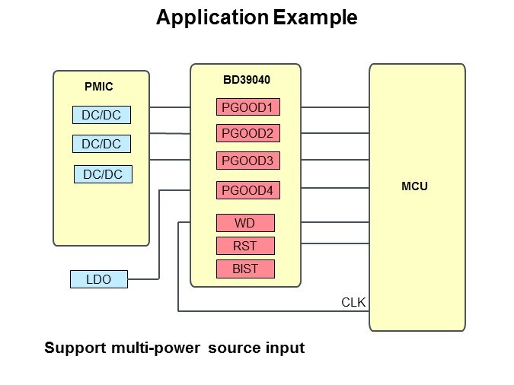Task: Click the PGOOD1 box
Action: tap(247, 108)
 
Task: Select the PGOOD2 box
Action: tap(247, 134)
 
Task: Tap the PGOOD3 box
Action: tap(247, 161)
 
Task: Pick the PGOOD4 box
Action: tap(247, 190)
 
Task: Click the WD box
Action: tap(244, 223)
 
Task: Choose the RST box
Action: tap(244, 246)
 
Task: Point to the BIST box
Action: tap(244, 269)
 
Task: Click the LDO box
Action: tap(99, 279)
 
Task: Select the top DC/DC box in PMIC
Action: tap(101, 116)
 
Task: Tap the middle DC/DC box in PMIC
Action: tap(101, 144)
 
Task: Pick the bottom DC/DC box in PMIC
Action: tap(103, 174)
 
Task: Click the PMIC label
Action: tap(98, 87)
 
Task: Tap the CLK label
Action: tap(353, 302)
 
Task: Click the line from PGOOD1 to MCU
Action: tap(324, 108)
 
